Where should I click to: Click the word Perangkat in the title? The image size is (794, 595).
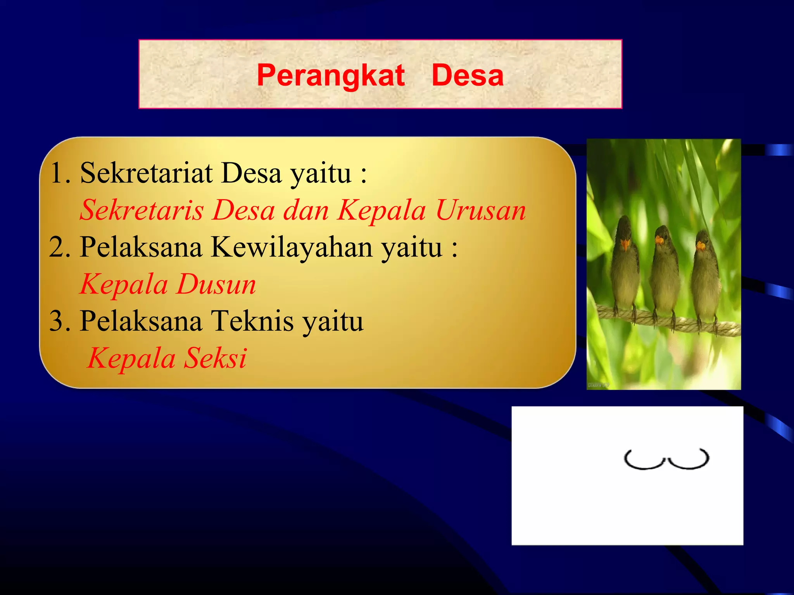coord(330,76)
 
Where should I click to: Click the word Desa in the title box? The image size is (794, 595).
coord(467,76)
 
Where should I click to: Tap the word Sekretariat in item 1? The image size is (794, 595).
coord(146,173)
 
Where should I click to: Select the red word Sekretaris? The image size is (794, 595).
coord(142,210)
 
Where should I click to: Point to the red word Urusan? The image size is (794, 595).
coord(481,210)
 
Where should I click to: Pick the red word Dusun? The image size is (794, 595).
coord(216,284)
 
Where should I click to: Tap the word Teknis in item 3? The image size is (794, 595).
coord(252,321)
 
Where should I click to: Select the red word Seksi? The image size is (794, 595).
coord(215,358)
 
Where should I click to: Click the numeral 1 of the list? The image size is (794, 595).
coord(57,173)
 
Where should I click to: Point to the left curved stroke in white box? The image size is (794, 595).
coord(644,461)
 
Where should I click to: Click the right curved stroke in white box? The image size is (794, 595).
coord(689,461)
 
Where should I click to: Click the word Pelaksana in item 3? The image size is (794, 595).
coord(141,321)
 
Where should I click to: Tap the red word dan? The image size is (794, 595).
coord(306,210)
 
